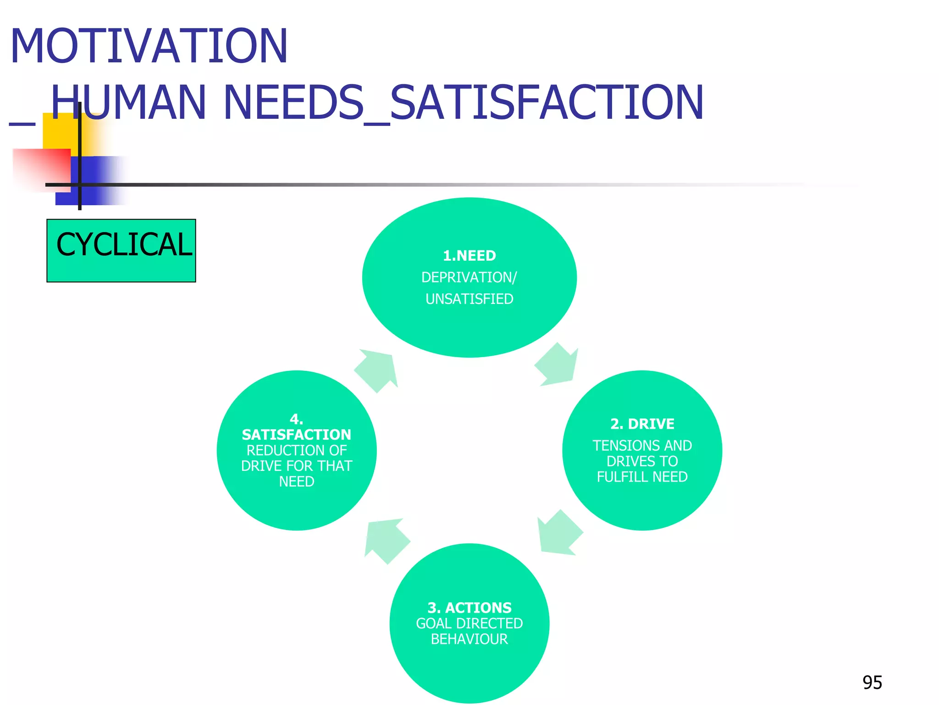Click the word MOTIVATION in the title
149,46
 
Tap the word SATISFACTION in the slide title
547,103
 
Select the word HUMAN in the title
128,103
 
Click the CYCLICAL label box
122,250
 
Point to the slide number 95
872,683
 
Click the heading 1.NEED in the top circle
469,256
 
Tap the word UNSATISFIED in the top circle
469,299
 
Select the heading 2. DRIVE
642,424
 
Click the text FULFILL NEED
642,477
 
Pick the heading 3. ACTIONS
469,608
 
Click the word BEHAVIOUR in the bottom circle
469,639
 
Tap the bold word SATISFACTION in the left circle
297,435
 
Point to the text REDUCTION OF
297,450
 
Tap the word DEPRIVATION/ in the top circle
469,278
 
